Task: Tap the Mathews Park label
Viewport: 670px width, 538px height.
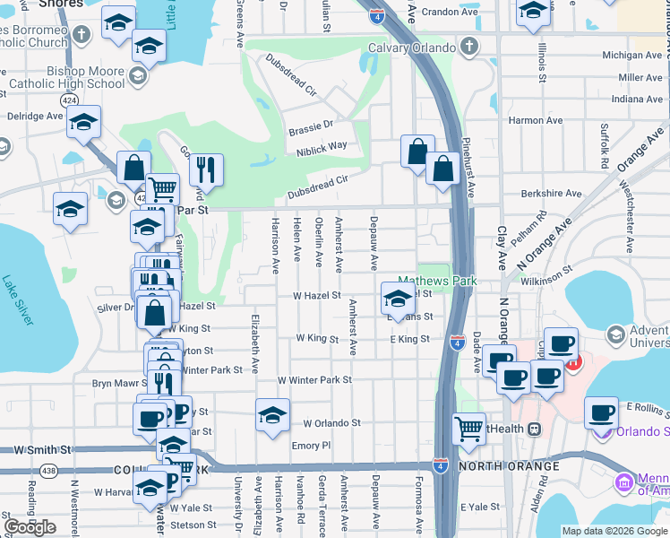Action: [x=436, y=281]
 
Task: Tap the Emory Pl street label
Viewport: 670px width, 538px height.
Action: [x=312, y=445]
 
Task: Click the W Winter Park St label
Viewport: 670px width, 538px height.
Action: [x=314, y=380]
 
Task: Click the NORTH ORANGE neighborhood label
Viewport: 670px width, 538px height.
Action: [x=509, y=466]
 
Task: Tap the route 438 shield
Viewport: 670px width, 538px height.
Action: [x=47, y=470]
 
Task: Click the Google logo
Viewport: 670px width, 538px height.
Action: [x=30, y=526]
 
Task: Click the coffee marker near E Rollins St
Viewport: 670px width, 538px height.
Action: [x=601, y=412]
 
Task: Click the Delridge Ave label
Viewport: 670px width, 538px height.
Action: [x=36, y=116]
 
